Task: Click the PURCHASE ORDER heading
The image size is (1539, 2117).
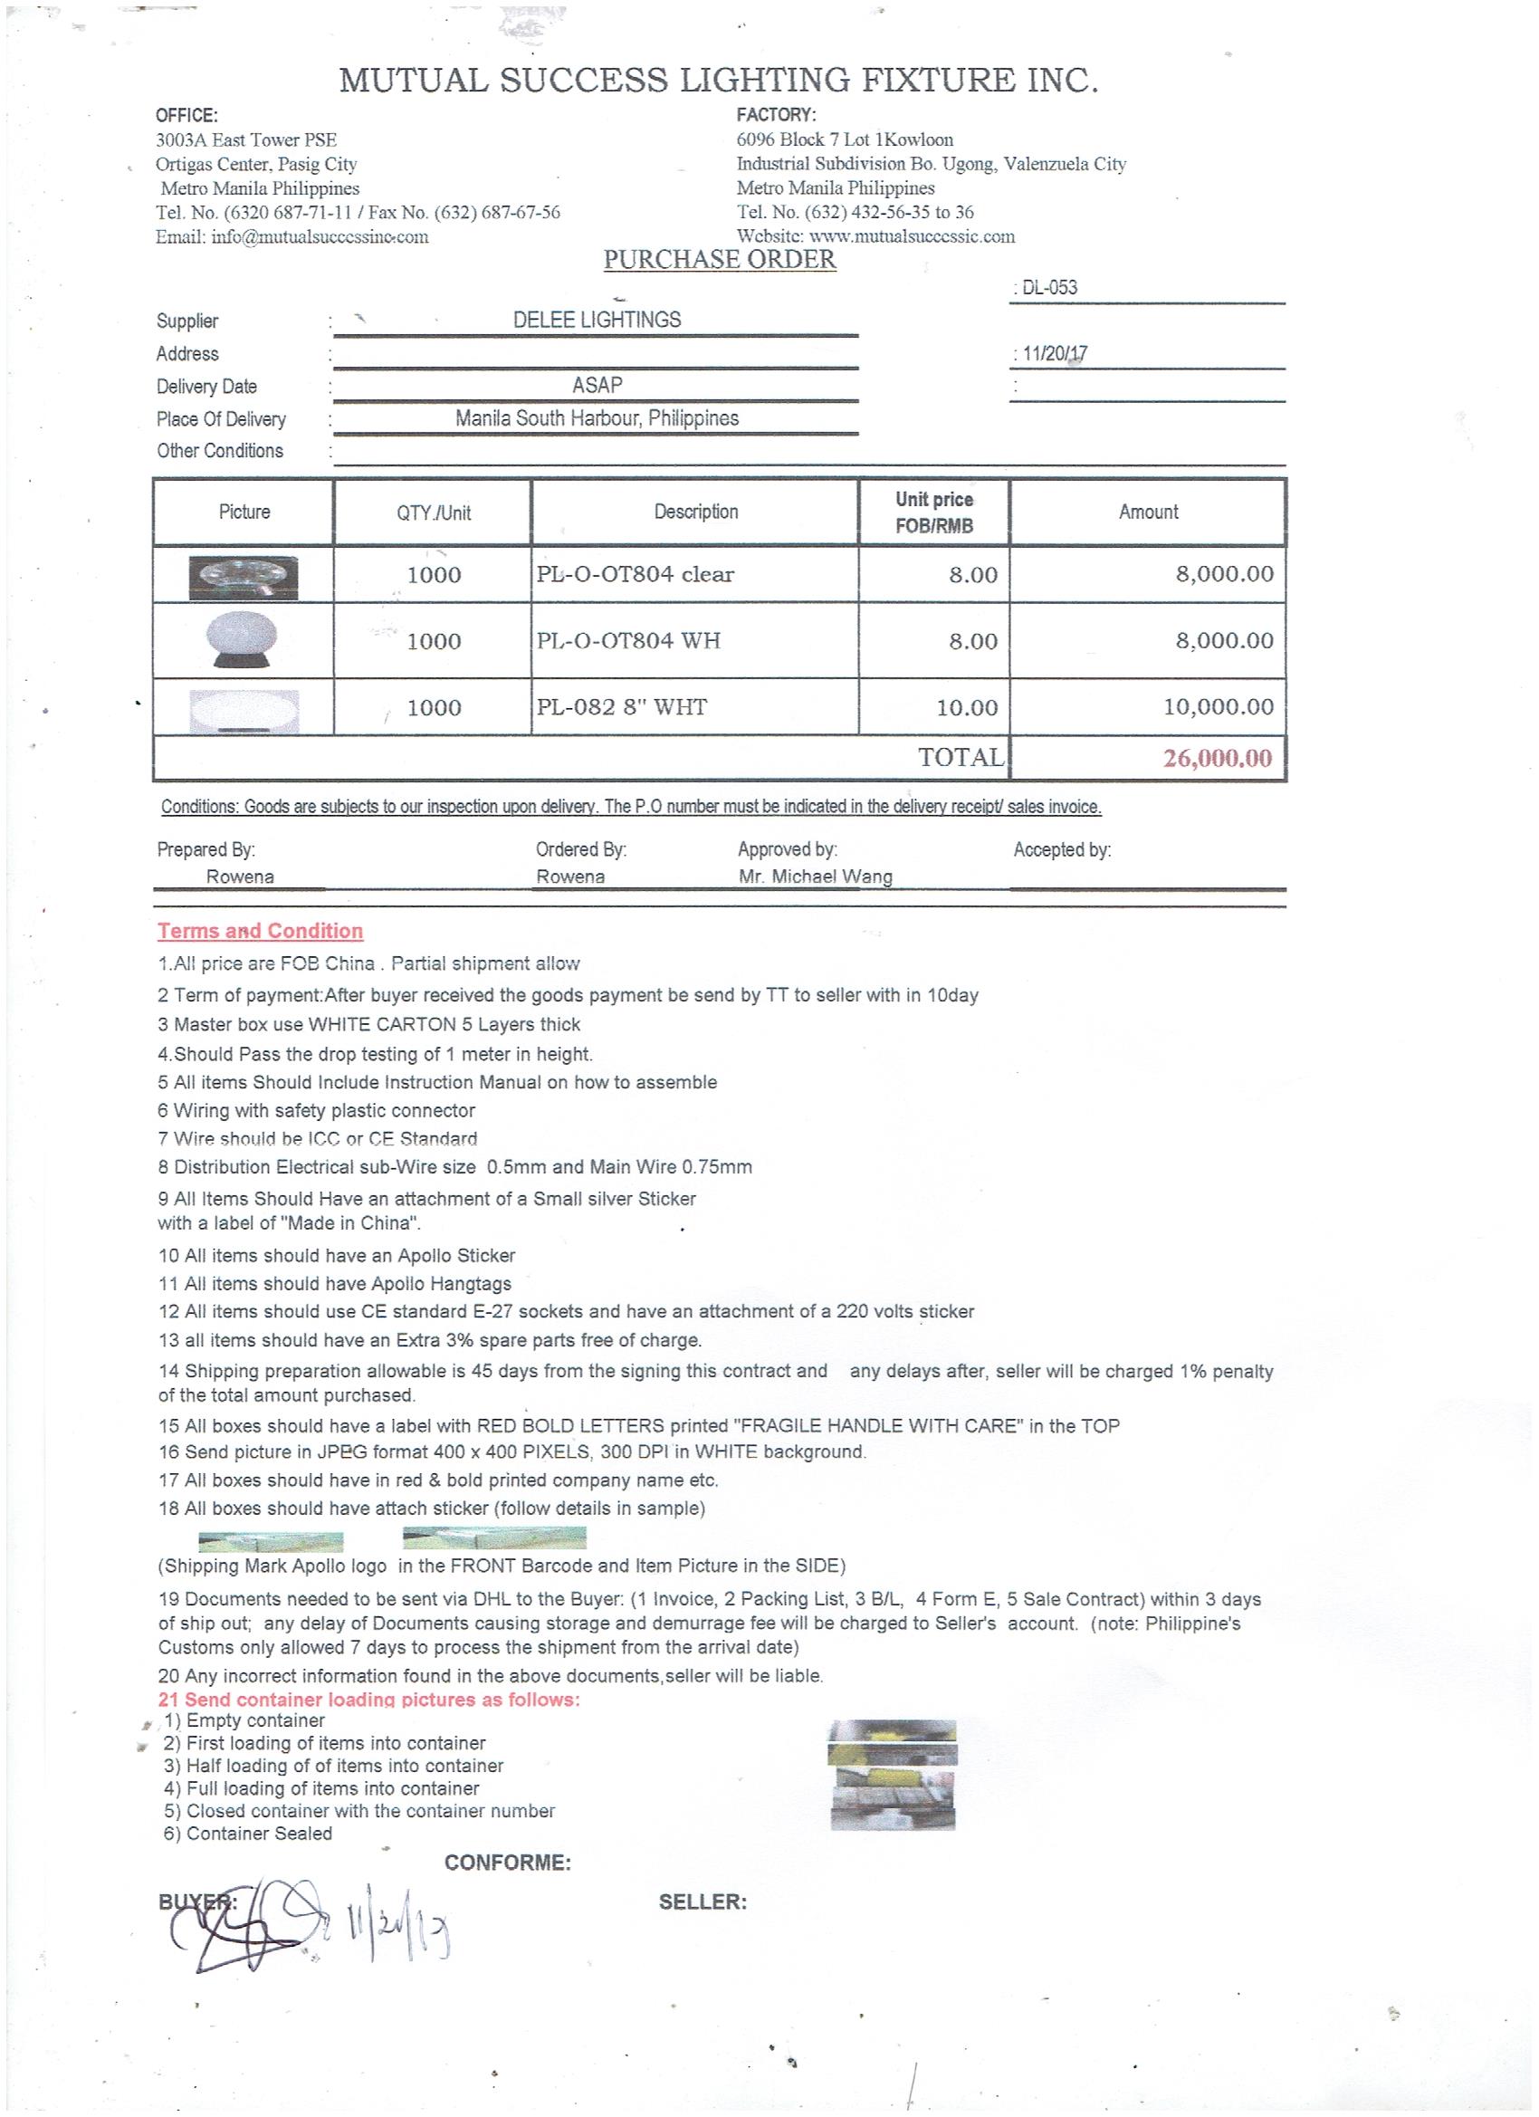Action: pyautogui.click(x=720, y=260)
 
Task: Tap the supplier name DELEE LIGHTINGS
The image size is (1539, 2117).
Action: pyautogui.click(x=597, y=321)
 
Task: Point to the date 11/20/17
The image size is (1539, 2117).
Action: pyautogui.click(x=1055, y=354)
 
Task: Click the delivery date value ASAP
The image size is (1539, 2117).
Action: pyautogui.click(x=597, y=386)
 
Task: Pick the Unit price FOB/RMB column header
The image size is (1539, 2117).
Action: pyautogui.click(x=934, y=512)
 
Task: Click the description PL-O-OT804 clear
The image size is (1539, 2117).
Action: pyautogui.click(x=635, y=574)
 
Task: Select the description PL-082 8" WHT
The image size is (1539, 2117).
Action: pyautogui.click(x=622, y=707)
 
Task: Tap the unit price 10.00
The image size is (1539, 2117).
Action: pyautogui.click(x=967, y=707)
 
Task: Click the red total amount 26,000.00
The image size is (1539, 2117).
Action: pyautogui.click(x=1217, y=758)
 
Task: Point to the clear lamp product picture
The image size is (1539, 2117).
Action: pyautogui.click(x=244, y=577)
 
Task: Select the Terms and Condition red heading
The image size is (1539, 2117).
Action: pyautogui.click(x=260, y=931)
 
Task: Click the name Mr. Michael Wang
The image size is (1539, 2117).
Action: pyautogui.click(x=815, y=876)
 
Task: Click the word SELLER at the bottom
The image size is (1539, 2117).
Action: pyautogui.click(x=702, y=1902)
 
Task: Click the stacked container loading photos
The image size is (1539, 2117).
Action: pyautogui.click(x=893, y=1776)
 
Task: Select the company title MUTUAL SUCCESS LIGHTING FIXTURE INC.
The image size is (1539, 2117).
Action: pyautogui.click(x=719, y=81)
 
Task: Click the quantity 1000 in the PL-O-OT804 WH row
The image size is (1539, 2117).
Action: pyautogui.click(x=434, y=641)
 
